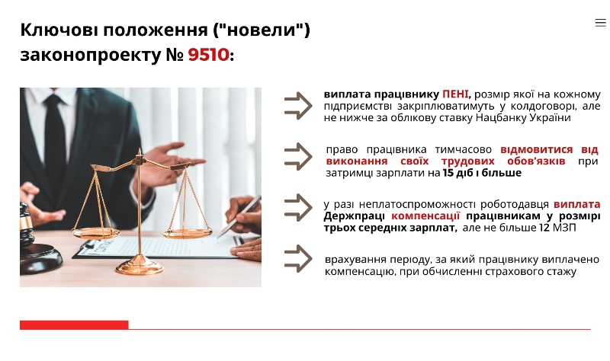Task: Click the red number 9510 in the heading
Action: [x=208, y=55]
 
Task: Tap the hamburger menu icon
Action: [x=601, y=23]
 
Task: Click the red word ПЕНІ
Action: [x=455, y=94]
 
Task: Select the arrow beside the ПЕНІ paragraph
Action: [x=298, y=106]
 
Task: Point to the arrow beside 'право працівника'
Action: [x=298, y=157]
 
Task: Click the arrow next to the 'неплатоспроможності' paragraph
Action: [x=298, y=207]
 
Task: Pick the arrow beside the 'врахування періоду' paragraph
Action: [x=298, y=258]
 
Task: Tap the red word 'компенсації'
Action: [x=425, y=216]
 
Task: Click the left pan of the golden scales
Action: [x=95, y=233]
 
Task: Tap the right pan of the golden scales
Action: [x=187, y=233]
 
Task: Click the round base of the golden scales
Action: [x=140, y=265]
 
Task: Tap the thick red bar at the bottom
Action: [x=74, y=325]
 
